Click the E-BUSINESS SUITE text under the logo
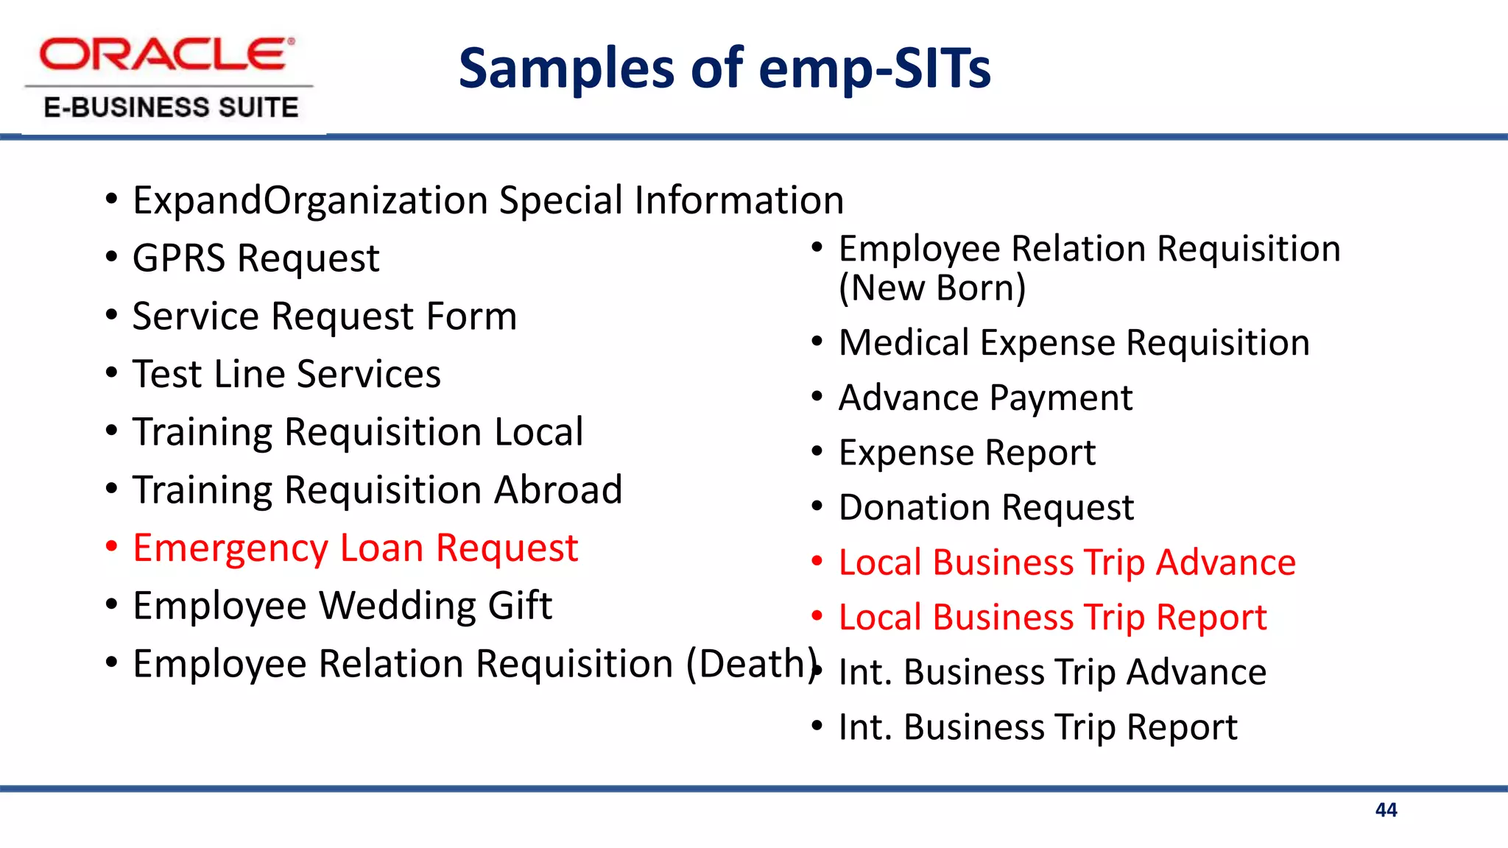click(171, 107)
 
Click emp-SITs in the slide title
click(874, 68)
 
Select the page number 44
click(1386, 810)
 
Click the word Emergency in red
click(230, 548)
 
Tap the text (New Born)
click(931, 288)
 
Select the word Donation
click(914, 508)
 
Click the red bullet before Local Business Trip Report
click(817, 616)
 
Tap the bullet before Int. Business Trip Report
click(817, 726)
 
